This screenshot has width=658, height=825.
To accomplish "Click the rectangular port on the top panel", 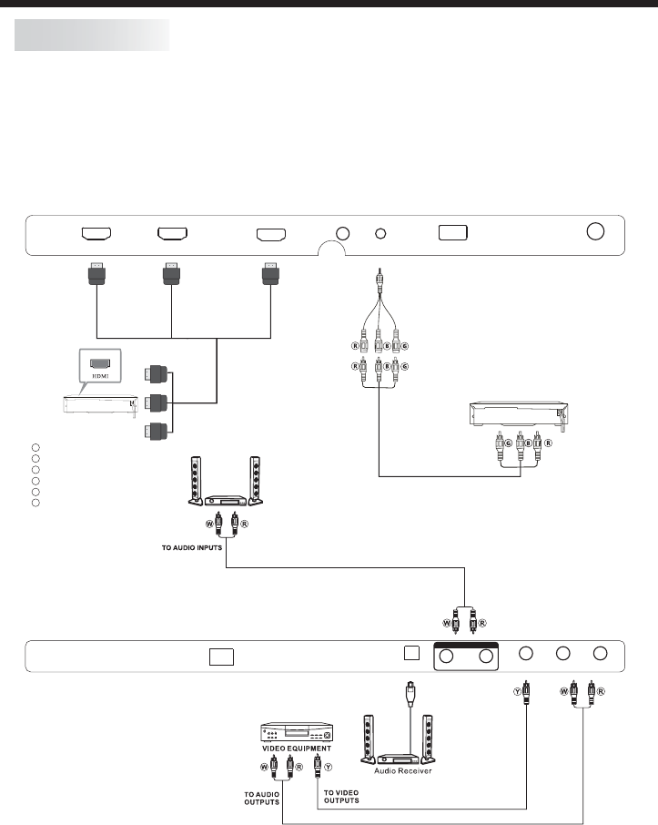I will coord(453,232).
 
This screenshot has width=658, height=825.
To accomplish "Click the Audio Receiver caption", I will coord(405,771).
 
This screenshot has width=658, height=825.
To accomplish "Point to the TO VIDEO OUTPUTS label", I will coord(341,797).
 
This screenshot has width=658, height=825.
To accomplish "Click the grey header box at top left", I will coord(92,36).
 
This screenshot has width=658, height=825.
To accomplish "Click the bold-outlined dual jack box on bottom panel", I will coord(468,656).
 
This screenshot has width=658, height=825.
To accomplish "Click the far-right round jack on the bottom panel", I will coord(600,654).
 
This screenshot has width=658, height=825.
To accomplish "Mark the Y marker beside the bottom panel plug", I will coord(516,691).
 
